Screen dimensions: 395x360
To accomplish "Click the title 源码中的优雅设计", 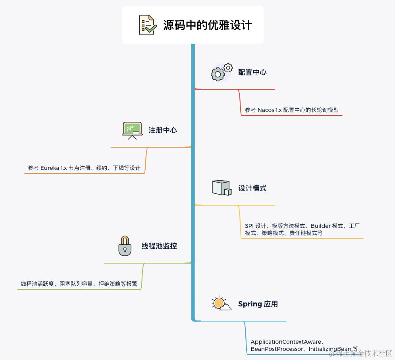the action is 207,25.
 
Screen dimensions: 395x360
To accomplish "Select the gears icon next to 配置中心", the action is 221,72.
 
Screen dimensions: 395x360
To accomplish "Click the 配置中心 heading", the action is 252,72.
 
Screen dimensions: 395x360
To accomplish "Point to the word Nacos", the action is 266,110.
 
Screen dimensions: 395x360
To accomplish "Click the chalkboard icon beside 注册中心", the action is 132,130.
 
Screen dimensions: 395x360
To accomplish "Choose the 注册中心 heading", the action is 163,130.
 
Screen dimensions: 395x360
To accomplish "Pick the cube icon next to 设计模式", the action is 221,188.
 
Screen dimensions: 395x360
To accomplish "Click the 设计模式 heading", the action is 252,188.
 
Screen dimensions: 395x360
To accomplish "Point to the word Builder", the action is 320,226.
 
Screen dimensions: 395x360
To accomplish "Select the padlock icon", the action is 125,246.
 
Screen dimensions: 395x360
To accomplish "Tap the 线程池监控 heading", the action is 159,246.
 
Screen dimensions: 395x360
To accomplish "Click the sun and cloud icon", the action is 221,304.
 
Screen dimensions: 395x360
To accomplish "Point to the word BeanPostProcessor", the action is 276,349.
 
